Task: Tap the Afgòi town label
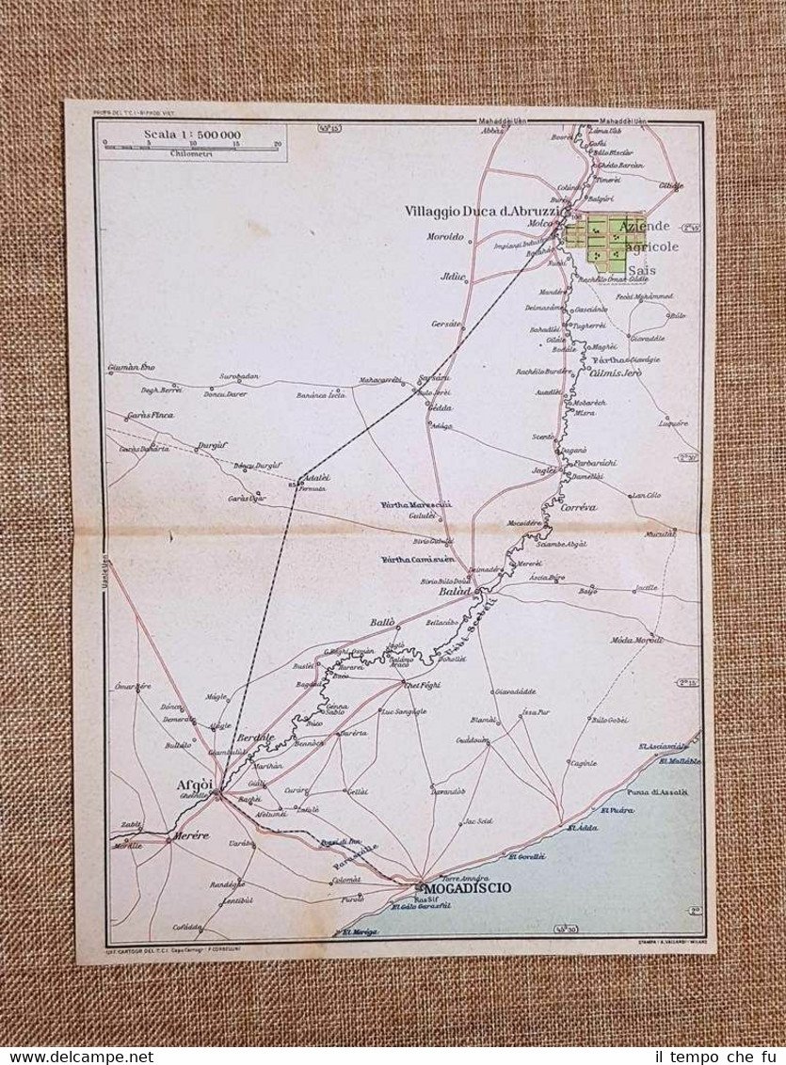[x=196, y=785]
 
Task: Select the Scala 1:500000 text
[x=191, y=135]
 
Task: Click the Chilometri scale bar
[x=191, y=146]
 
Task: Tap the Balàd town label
[x=455, y=592]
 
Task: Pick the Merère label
[x=189, y=835]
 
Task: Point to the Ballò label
[x=381, y=623]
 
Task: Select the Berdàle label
[x=255, y=738]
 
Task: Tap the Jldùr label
[x=454, y=278]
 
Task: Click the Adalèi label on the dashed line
[x=316, y=478]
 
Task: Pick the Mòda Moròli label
[x=636, y=640]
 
